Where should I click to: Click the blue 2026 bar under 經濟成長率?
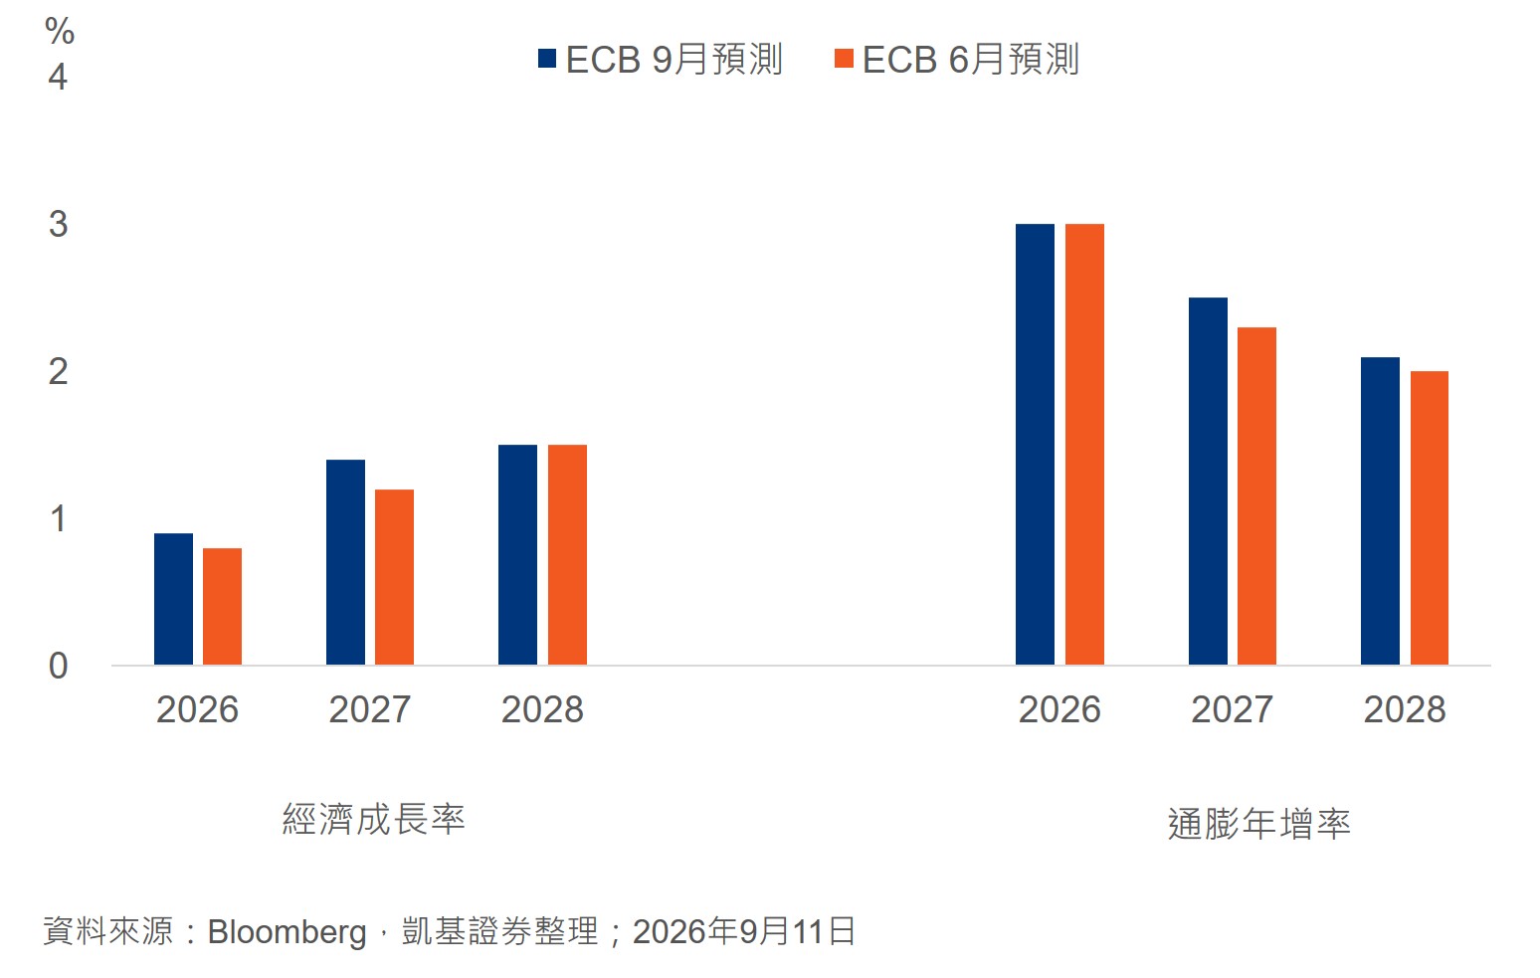(x=173, y=599)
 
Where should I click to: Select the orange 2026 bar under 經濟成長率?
(x=222, y=607)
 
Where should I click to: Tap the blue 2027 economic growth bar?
(x=346, y=562)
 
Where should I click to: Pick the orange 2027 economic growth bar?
(x=395, y=577)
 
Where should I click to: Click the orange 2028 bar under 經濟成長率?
(x=567, y=555)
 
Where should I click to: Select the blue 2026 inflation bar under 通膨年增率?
(x=1035, y=445)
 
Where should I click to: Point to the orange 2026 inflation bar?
(x=1085, y=445)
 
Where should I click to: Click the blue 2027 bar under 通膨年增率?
(x=1208, y=482)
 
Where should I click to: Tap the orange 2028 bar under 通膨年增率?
(x=1430, y=518)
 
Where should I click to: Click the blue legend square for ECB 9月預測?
(x=547, y=59)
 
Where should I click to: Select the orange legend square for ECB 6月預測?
(x=844, y=59)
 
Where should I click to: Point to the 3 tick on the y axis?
(x=59, y=224)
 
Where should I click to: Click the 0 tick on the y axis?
(x=59, y=666)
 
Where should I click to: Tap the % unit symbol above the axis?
(x=60, y=31)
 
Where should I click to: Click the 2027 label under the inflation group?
(x=1232, y=709)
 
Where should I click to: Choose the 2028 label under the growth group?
(x=542, y=709)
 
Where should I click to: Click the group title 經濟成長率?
(x=374, y=819)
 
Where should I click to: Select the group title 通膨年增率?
(x=1259, y=823)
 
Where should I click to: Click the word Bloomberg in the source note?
(x=288, y=932)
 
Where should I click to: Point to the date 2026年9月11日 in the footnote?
(x=744, y=931)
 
